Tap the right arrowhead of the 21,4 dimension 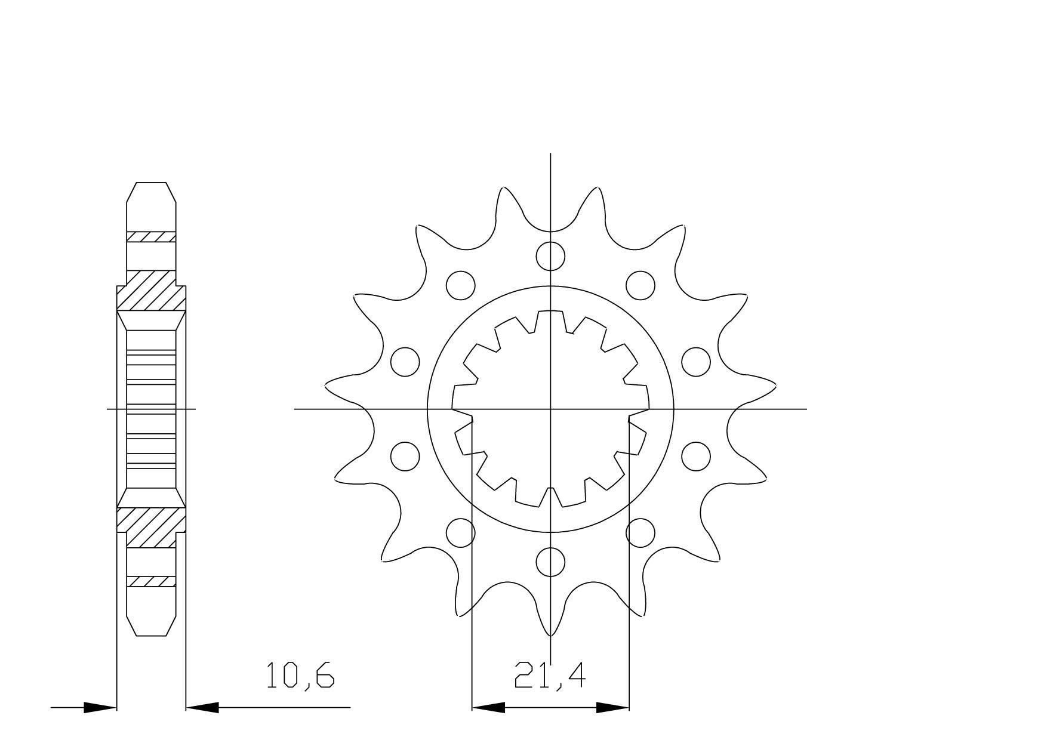(613, 708)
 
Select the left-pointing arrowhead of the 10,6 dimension (203, 708)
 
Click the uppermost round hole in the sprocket (550, 256)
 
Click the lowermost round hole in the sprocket (550, 562)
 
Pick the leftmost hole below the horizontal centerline (405, 455)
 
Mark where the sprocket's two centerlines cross (550, 409)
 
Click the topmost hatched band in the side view (151, 236)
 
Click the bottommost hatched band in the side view (151, 581)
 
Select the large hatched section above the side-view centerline (151, 291)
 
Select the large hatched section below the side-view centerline (151, 528)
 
